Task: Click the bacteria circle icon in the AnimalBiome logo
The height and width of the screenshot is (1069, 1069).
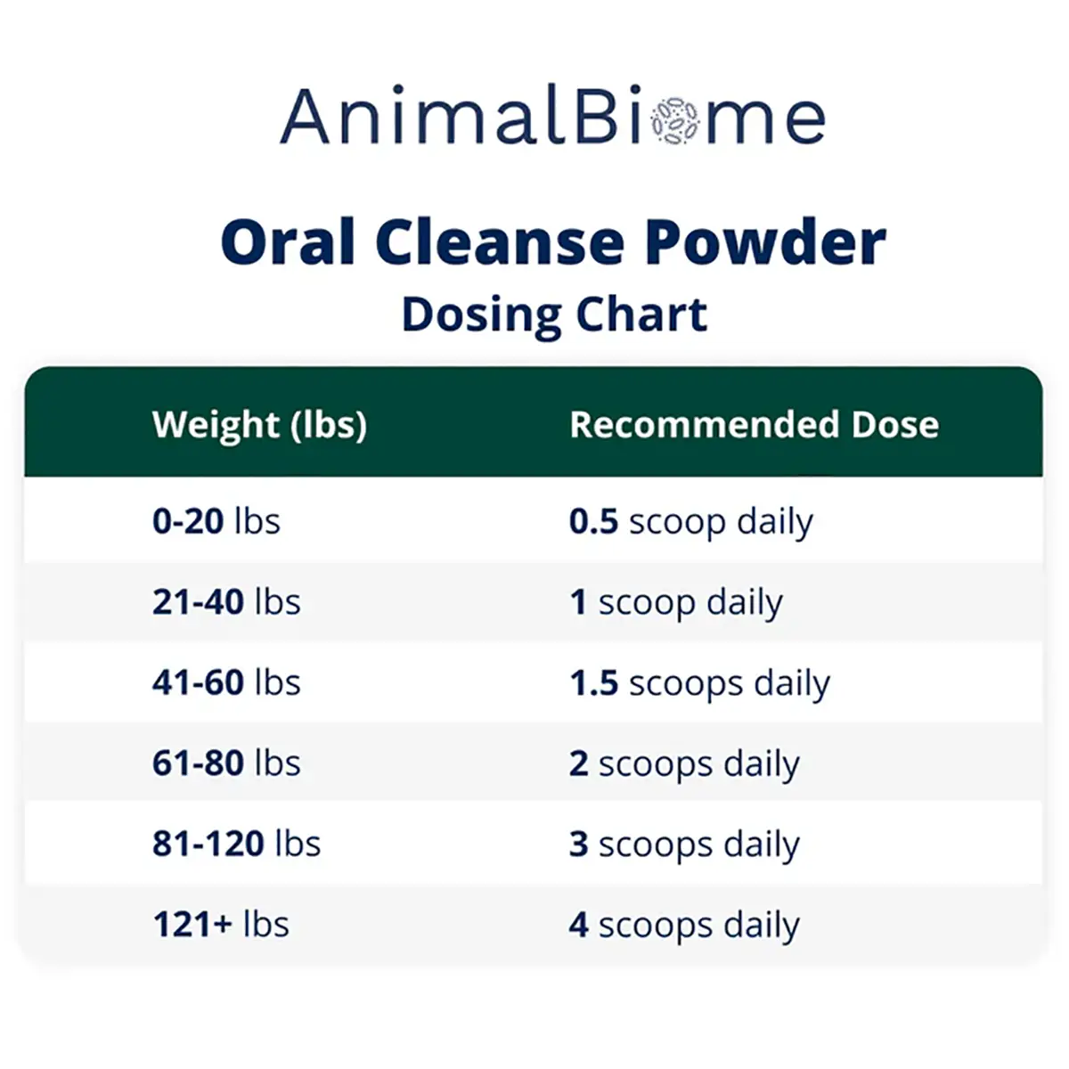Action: [674, 120]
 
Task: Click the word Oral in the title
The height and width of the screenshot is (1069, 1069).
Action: [288, 242]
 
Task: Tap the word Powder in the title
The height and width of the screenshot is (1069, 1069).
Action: [765, 242]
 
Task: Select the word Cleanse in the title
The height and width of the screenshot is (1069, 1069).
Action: [500, 242]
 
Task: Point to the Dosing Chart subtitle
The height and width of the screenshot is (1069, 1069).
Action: [555, 314]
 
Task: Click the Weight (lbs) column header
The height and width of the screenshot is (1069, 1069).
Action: [259, 425]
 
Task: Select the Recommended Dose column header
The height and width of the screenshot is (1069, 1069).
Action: [755, 424]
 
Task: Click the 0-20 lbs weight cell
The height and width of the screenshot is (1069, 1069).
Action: [216, 521]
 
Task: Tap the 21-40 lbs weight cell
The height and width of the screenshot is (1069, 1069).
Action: [226, 601]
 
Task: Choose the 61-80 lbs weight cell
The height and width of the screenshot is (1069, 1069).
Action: [226, 763]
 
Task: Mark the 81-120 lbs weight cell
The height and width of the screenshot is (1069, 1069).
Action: [236, 844]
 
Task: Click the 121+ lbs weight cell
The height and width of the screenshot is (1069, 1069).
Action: [221, 924]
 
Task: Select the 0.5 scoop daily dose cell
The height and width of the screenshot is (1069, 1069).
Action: [691, 523]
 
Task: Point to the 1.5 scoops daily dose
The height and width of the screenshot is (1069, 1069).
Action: [700, 684]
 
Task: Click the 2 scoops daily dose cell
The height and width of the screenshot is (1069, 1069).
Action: [684, 764]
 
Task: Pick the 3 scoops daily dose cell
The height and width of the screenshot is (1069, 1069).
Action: [684, 845]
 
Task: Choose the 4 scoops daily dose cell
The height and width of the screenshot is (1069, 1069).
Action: [684, 926]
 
